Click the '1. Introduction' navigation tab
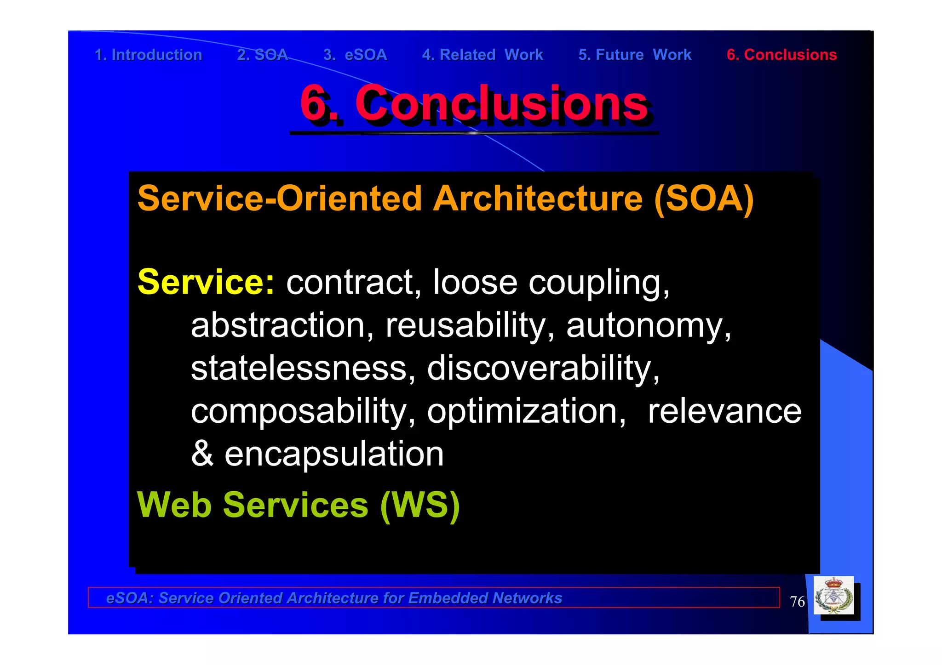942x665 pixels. pos(148,55)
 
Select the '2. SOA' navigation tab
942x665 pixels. pos(262,55)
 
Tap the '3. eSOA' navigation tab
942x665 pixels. pos(355,55)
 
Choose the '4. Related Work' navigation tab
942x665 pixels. pos(482,55)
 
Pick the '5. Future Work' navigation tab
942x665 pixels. pos(635,55)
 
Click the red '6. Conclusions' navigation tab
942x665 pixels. pos(781,55)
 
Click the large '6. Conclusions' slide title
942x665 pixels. pos(474,104)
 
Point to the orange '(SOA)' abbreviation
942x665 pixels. pos(704,199)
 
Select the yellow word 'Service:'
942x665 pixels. pos(206,282)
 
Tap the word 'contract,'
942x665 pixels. pos(353,283)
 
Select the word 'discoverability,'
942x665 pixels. pos(543,368)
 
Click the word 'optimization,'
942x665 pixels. pos(526,411)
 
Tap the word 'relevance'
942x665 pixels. pos(724,411)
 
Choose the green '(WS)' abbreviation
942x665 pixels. pos(420,505)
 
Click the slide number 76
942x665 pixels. pos(797,602)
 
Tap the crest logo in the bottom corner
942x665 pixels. pos(833,596)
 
